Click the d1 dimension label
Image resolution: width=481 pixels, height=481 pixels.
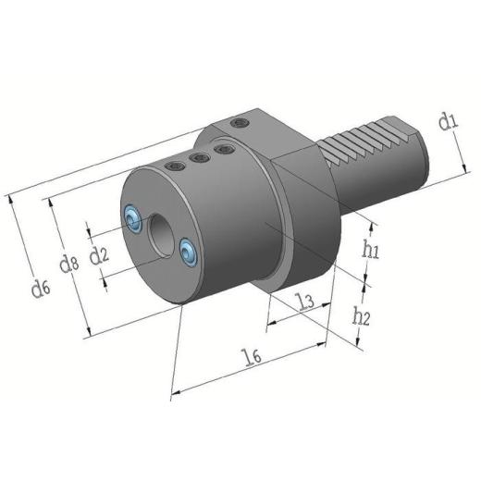(x=449, y=120)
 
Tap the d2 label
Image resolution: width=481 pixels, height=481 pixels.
(x=99, y=253)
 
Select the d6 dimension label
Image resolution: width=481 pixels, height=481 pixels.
(x=40, y=288)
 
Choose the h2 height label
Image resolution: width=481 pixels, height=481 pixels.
(x=361, y=316)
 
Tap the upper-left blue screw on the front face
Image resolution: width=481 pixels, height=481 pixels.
(x=133, y=218)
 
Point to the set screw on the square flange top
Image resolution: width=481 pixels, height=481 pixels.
(x=241, y=123)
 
